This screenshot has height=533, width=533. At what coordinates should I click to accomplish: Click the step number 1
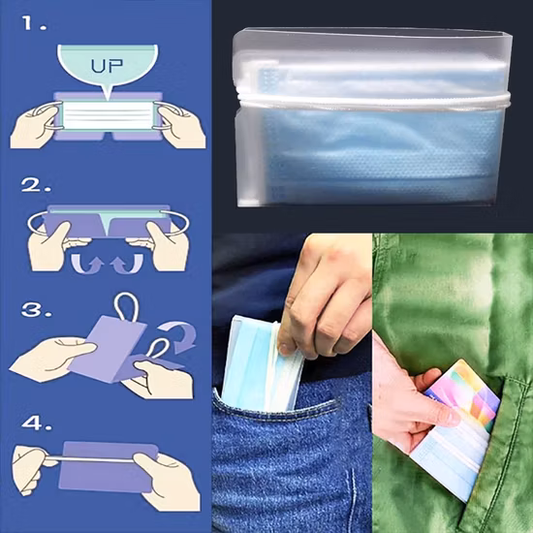tap(34, 23)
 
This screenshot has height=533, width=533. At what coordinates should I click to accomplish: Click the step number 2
tap(36, 185)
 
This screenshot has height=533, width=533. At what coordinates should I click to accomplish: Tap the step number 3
tap(37, 310)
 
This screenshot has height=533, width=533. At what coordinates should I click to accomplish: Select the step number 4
tap(37, 423)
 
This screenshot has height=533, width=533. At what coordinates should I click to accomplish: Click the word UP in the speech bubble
tap(107, 66)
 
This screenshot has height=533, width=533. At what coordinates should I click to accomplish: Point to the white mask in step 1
tap(109, 115)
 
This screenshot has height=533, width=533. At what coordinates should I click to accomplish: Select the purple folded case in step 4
tap(109, 466)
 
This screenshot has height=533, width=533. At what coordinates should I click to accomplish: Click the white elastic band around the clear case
tap(374, 101)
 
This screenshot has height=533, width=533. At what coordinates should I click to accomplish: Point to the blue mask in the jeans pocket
tap(260, 363)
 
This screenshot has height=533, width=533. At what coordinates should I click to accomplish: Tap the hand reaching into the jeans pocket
tap(327, 296)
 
